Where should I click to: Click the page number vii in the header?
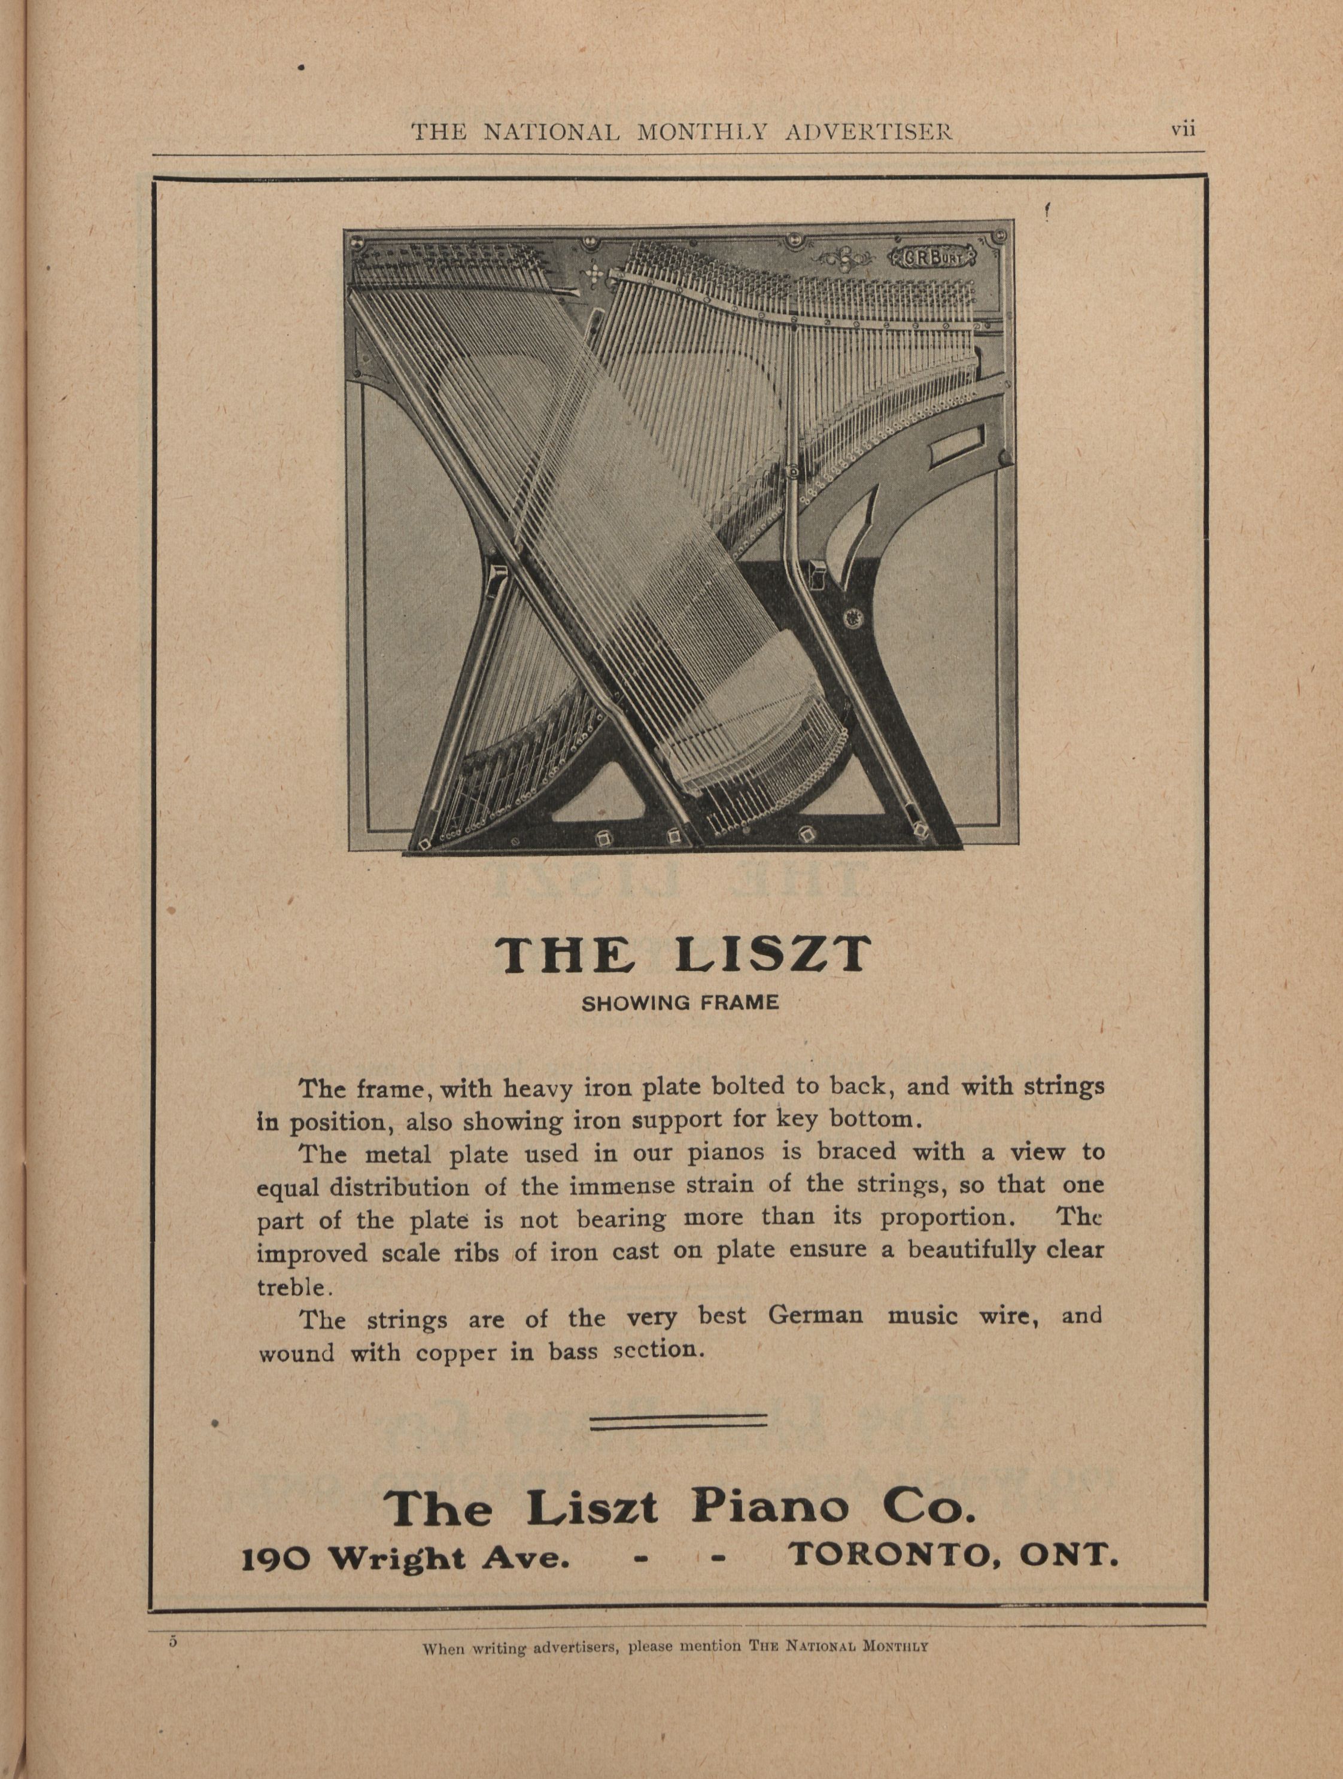(1183, 129)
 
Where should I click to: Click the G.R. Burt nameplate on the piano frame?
(933, 257)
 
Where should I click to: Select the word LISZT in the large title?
(773, 954)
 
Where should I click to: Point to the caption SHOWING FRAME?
(679, 1003)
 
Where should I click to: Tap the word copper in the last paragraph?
(456, 1353)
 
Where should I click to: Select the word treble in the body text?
(290, 1287)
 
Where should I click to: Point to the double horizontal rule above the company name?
(679, 1423)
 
